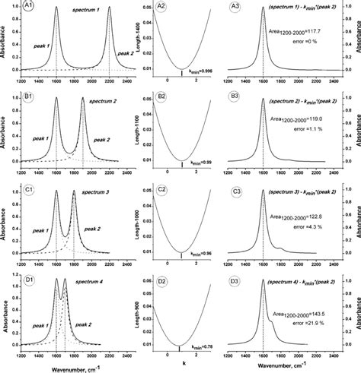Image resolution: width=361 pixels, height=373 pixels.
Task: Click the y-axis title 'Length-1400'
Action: click(133, 42)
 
